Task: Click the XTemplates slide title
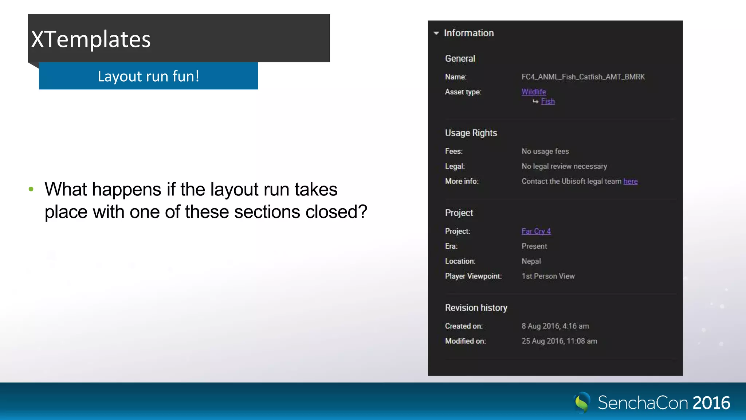point(91,39)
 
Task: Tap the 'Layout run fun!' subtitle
point(148,76)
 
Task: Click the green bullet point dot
point(31,189)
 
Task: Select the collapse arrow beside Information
point(436,33)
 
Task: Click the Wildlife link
point(534,92)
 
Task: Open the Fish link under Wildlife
point(548,101)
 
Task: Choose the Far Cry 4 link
point(536,231)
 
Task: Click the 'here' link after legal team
point(630,181)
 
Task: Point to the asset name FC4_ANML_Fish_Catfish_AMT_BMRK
point(583,77)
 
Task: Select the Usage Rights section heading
point(471,133)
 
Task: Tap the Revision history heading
point(476,308)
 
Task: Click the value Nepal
point(531,261)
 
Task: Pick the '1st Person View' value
point(548,276)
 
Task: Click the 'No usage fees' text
point(545,151)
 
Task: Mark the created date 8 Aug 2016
point(555,326)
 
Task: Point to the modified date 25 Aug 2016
point(559,341)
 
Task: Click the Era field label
point(451,246)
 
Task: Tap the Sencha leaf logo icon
point(582,402)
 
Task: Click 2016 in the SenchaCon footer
point(711,403)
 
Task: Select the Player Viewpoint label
point(473,276)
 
